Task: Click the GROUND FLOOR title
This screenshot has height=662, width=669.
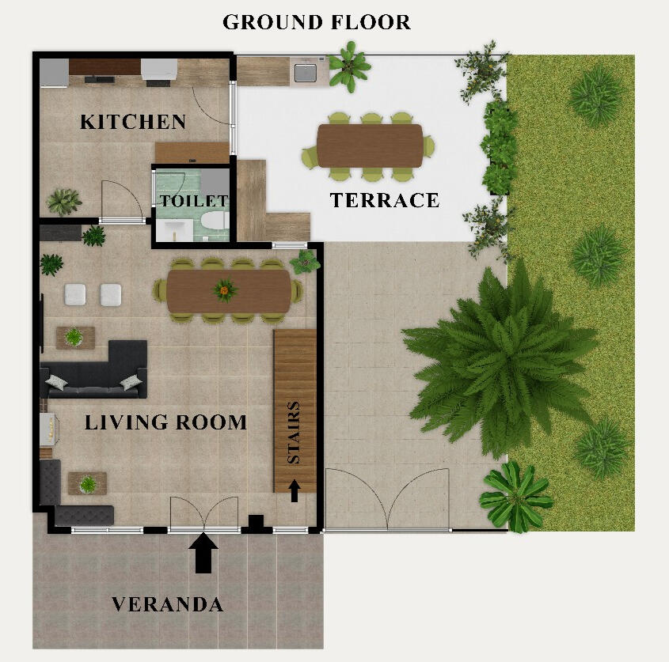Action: [317, 22]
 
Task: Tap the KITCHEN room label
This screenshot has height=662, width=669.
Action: [133, 122]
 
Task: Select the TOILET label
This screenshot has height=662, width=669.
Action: [194, 201]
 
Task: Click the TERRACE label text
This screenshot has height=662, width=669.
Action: [384, 201]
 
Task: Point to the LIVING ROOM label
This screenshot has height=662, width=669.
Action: [165, 422]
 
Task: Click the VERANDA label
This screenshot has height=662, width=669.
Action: [167, 605]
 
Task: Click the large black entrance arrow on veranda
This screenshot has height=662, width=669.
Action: [204, 553]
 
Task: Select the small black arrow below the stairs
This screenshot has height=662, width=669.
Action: [295, 490]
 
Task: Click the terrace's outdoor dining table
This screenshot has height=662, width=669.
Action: [370, 146]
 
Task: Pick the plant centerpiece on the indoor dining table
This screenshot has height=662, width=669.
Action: [226, 291]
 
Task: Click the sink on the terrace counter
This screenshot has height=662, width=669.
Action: [306, 73]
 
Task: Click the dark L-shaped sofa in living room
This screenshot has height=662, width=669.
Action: [95, 372]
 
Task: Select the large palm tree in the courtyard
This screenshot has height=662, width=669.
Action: [499, 348]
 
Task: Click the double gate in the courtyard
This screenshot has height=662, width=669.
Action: [388, 500]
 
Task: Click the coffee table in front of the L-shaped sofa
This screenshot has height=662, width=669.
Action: [74, 337]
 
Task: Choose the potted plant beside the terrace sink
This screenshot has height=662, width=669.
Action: [349, 66]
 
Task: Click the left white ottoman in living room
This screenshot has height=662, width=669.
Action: [76, 294]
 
